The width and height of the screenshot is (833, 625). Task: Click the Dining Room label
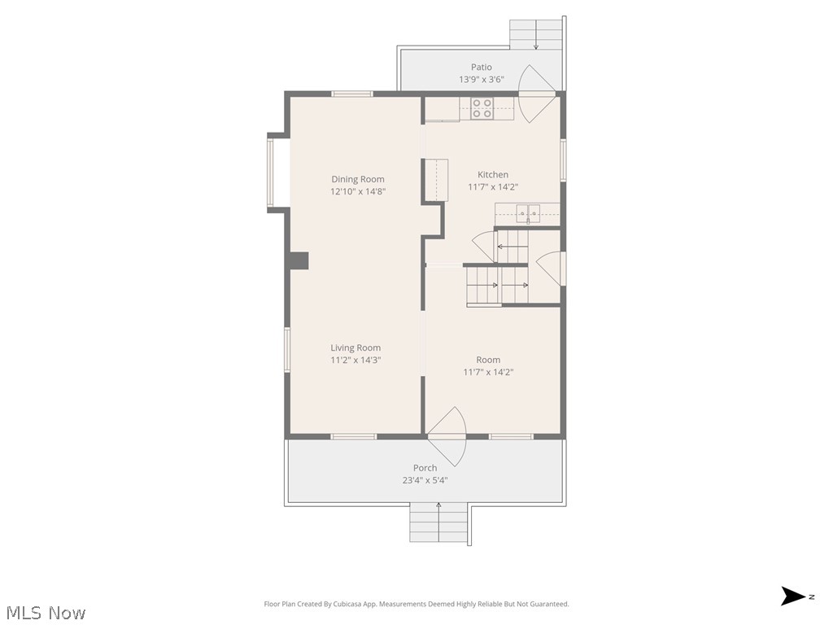tap(358, 179)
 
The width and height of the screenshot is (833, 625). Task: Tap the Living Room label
tap(355, 347)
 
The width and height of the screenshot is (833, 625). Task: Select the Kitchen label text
tap(492, 174)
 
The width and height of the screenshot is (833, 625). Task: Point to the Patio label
tap(482, 67)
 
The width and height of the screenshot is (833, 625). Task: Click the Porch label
tap(425, 468)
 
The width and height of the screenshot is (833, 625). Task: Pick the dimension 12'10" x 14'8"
tap(358, 191)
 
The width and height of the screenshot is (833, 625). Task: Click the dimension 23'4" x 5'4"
tap(425, 480)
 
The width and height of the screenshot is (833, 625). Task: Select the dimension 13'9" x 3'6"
tap(482, 79)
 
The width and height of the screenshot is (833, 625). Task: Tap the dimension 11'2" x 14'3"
tap(355, 360)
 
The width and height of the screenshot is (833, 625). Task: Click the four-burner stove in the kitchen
tap(482, 108)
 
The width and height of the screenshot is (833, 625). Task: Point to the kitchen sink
tap(527, 213)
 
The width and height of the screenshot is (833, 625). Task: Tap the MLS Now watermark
tap(46, 613)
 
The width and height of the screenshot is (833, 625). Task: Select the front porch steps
tap(438, 522)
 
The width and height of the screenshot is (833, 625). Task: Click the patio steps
tap(535, 34)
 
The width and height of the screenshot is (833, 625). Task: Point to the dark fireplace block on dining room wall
tap(299, 260)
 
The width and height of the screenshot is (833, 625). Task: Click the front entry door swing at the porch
tap(447, 437)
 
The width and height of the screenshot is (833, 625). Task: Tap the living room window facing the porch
tap(353, 437)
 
